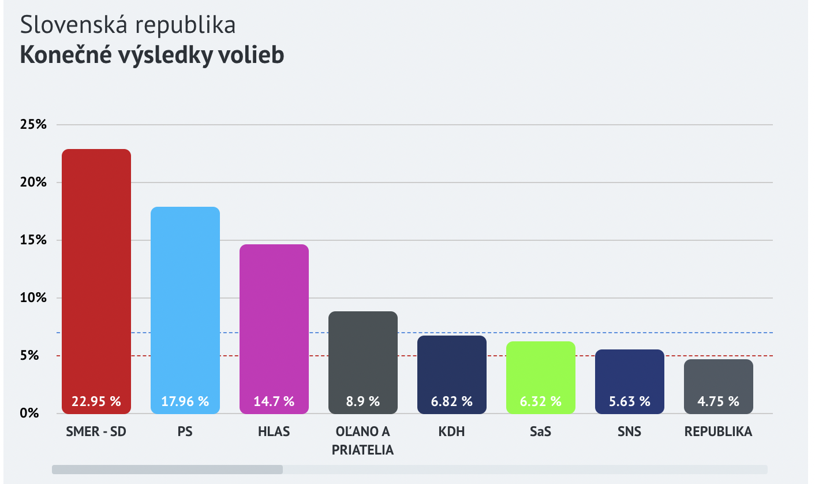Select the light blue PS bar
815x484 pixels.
point(185,300)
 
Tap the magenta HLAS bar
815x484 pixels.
point(274,318)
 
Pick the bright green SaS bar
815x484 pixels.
point(541,370)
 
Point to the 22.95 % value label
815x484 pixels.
point(96,401)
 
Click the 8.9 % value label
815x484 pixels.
point(363,401)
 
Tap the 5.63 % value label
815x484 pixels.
point(630,401)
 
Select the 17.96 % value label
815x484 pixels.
point(185,401)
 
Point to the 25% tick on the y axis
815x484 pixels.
point(33,125)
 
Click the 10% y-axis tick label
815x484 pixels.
point(33,298)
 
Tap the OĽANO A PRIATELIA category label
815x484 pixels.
point(363,441)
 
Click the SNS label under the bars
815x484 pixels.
point(630,432)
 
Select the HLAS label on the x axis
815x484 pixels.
point(274,432)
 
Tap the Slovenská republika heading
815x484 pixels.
point(128,25)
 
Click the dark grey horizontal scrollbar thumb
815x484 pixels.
point(167,470)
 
